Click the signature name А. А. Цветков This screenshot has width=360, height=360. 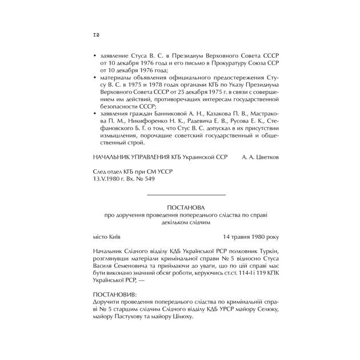point(261,156)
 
